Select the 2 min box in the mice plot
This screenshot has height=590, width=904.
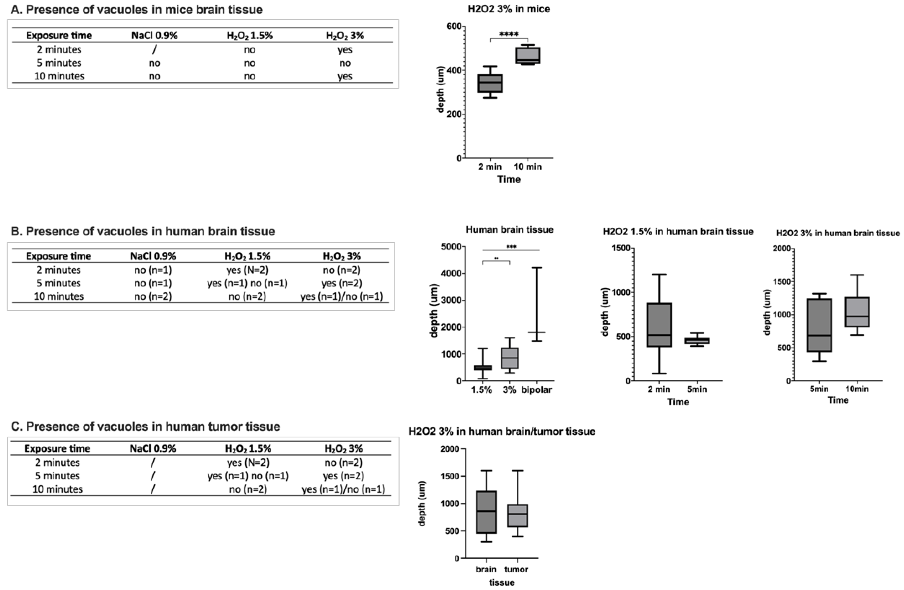(x=490, y=83)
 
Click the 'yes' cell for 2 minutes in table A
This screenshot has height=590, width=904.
(x=344, y=50)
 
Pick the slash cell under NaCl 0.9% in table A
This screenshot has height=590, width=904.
(x=154, y=50)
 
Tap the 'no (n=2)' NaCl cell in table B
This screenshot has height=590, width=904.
(x=153, y=296)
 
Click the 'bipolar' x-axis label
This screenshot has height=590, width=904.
(x=537, y=390)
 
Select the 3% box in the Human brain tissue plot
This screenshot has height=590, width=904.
(x=510, y=358)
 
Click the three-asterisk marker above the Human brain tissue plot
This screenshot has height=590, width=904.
(x=511, y=247)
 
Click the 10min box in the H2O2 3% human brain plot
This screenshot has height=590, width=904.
(x=857, y=312)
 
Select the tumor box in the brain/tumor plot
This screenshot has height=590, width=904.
(x=517, y=516)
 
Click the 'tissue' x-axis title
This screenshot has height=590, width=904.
(x=502, y=582)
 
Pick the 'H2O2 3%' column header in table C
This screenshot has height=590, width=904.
(x=343, y=449)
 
